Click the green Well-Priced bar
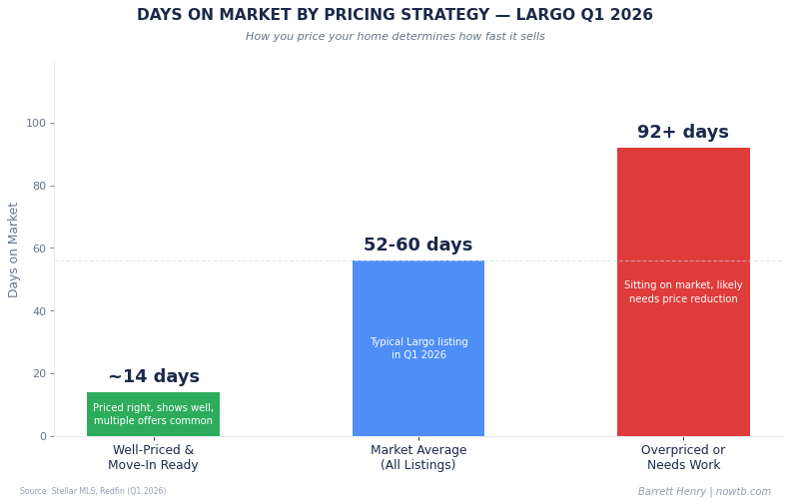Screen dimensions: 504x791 point(153,414)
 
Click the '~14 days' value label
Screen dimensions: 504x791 point(154,377)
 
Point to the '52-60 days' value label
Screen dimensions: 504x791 point(417,246)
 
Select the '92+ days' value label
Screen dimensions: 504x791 point(683,133)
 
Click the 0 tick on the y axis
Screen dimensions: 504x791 point(42,436)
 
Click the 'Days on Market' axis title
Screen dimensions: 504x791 point(14,250)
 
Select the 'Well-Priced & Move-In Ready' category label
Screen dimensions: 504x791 point(153,458)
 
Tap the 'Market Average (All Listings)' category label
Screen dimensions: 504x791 point(417,458)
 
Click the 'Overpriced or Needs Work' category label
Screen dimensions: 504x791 point(683,458)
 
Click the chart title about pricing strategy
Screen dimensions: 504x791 point(395,16)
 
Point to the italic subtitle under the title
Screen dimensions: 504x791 point(395,37)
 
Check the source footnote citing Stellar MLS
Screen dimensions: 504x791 point(93,491)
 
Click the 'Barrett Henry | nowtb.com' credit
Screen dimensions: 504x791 point(704,492)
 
